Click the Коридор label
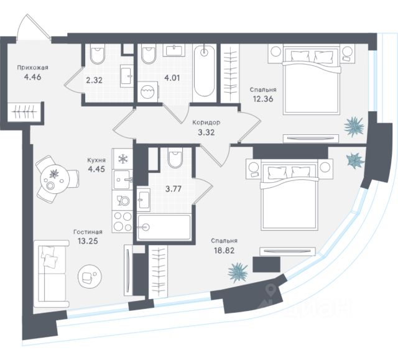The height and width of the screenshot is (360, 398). (x=206, y=122)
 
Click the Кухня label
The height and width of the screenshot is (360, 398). (x=96, y=160)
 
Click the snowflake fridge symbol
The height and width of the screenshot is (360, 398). (x=123, y=158)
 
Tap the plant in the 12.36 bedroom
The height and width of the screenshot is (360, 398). (x=356, y=126)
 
